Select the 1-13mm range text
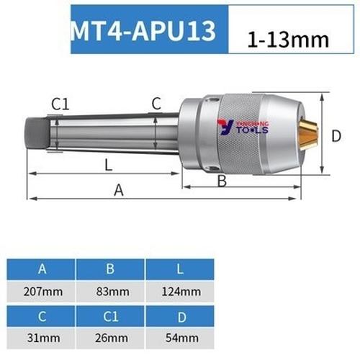coord(283,40)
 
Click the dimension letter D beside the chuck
coord(336,135)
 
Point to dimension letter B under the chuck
coord(222,180)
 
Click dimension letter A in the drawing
coord(119,189)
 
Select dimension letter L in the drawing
coord(108,165)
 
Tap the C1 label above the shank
coord(60,104)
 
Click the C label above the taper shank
coord(156,104)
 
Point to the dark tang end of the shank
coord(38,134)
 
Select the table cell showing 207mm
coord(42,292)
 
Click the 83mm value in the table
coord(111,292)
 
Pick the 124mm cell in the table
coord(181,292)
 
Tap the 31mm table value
coord(42,337)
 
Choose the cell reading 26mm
coord(111,337)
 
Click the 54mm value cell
coord(181,337)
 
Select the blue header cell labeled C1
coord(111,315)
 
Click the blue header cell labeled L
coord(181,270)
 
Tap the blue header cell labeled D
coord(181,315)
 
